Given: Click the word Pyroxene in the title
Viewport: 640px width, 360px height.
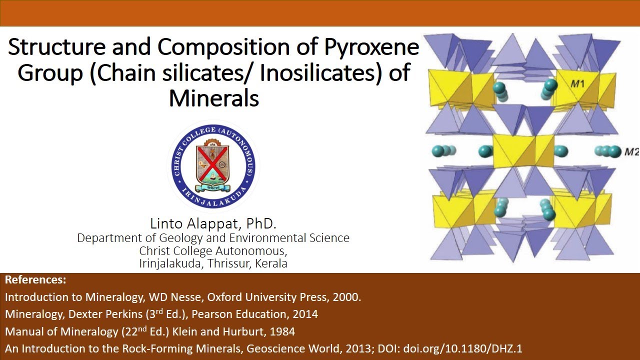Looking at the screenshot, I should click(371, 48).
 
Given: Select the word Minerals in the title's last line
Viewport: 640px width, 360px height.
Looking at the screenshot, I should click(214, 98).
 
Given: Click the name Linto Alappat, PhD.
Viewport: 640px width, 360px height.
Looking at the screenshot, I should click(213, 223).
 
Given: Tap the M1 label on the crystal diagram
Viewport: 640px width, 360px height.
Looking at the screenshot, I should click(577, 84).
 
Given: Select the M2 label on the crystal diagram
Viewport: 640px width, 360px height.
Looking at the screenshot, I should click(631, 151).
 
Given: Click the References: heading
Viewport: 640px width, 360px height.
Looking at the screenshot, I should click(35, 280).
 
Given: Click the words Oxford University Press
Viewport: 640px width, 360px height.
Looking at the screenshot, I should click(265, 297).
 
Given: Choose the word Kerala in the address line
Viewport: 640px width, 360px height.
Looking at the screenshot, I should click(271, 263).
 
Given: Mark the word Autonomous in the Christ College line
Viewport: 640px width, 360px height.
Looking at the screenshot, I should click(251, 251).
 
